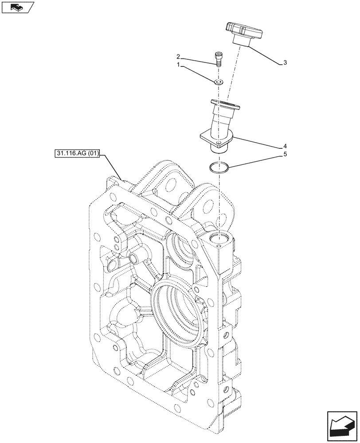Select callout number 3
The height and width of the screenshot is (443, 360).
click(285, 63)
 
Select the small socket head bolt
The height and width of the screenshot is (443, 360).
click(218, 58)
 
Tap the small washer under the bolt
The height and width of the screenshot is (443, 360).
click(218, 82)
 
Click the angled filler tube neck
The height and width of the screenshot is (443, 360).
click(219, 122)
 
